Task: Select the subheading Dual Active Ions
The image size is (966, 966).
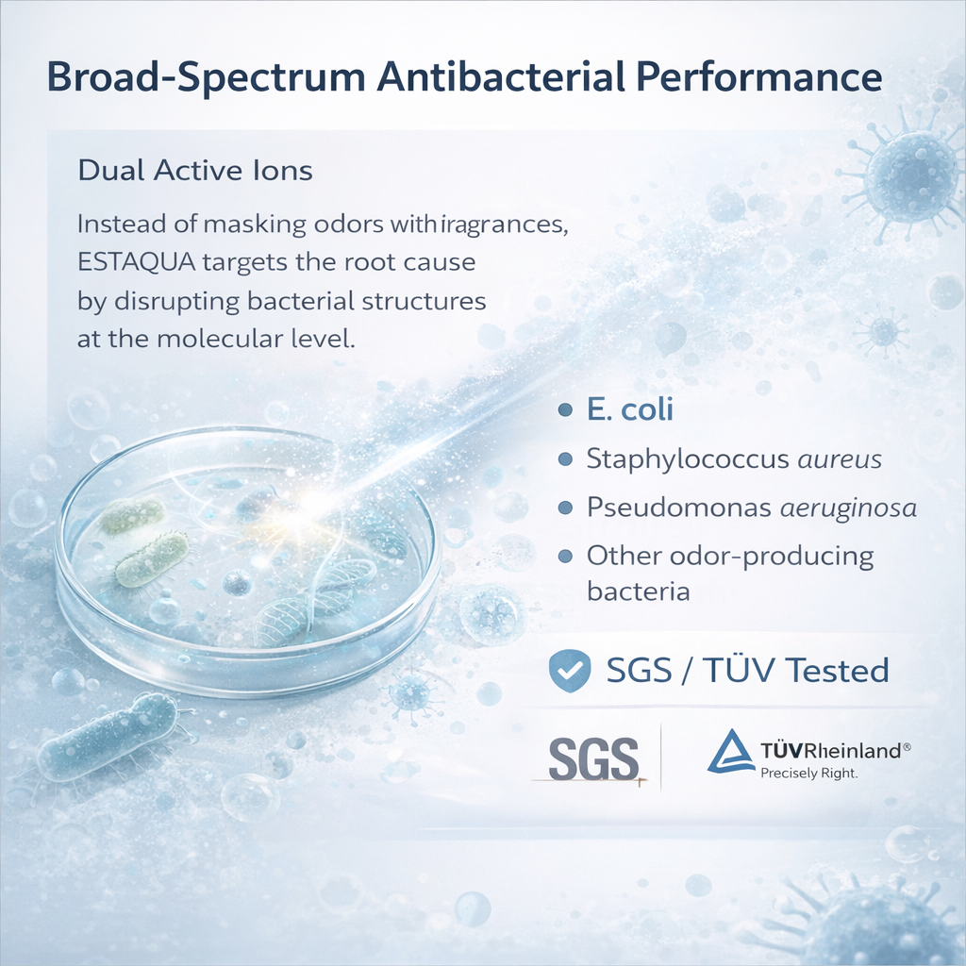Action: pos(195,171)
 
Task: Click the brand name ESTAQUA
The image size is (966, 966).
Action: pos(136,262)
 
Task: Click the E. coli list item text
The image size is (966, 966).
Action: pos(629,409)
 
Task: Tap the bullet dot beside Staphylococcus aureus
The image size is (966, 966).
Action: pos(565,459)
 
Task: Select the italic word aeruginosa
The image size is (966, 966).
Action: pos(848,508)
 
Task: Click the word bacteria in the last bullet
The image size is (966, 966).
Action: pos(639,591)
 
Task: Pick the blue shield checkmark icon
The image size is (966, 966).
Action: pos(570,671)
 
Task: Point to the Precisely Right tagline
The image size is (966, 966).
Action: pos(808,773)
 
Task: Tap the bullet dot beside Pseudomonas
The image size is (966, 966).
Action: pos(565,508)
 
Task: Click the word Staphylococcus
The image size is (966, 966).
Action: pos(688,459)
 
